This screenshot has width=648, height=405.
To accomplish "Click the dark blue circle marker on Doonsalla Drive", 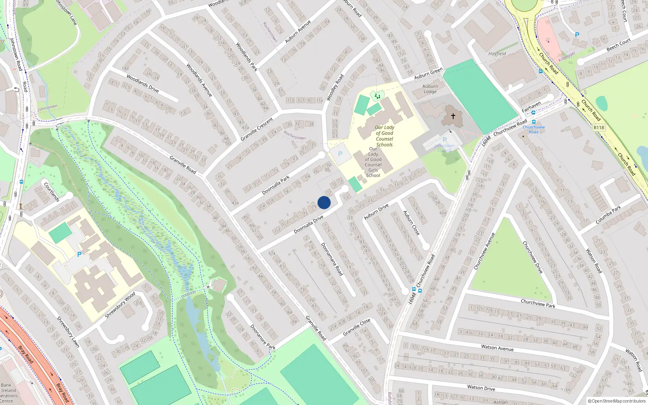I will [324, 202].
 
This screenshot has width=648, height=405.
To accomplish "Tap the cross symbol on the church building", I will [453, 116].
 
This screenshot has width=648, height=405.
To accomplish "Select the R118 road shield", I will [599, 128].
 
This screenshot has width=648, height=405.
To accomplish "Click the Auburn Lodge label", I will [430, 89].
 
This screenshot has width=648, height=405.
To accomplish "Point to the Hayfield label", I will [497, 53].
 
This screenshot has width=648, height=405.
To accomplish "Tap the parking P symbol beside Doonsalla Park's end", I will [340, 154].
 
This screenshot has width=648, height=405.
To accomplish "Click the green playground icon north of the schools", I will [377, 96].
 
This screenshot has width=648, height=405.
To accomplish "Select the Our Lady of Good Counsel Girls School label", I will [373, 162].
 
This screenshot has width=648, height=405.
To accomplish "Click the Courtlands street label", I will [52, 192].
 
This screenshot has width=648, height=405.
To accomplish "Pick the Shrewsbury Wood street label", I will [120, 305].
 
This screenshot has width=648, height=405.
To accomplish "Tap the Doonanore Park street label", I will [262, 337].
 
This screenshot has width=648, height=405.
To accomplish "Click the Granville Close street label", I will [356, 327].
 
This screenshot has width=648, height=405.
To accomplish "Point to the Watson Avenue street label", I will [497, 347].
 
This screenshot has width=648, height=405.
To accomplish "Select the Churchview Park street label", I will [538, 303].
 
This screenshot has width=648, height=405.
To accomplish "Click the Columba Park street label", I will [608, 215].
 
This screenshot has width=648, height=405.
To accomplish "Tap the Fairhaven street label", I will [531, 107].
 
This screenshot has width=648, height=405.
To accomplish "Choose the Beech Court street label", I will [618, 45].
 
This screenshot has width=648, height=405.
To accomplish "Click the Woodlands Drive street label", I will [143, 83].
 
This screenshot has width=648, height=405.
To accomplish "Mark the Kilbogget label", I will [567, 56].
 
